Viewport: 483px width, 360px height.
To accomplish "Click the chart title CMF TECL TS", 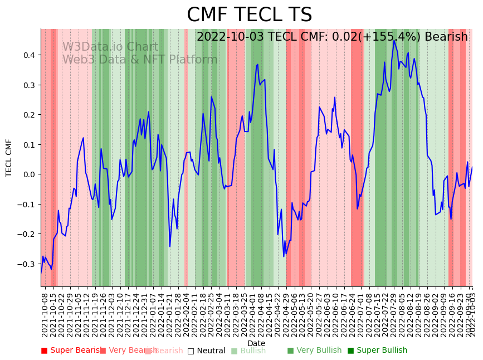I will pyautogui.click(x=249, y=15).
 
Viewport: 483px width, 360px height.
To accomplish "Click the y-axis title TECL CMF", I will pyautogui.click(x=9, y=158).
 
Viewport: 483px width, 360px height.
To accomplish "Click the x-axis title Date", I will pyautogui.click(x=256, y=343).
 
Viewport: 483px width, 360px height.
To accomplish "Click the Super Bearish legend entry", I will pyautogui.click(x=71, y=351).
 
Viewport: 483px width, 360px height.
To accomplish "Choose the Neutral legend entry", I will pyautogui.click(x=207, y=351).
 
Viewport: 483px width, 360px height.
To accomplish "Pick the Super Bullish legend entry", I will pyautogui.click(x=378, y=351).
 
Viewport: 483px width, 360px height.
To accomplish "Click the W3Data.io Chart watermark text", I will pyautogui.click(x=110, y=47).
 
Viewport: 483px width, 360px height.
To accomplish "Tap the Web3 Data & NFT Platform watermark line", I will pyautogui.click(x=140, y=60).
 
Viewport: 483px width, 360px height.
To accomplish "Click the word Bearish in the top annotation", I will pyautogui.click(x=446, y=37).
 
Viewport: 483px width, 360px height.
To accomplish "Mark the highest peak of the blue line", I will pyautogui.click(x=394, y=40).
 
